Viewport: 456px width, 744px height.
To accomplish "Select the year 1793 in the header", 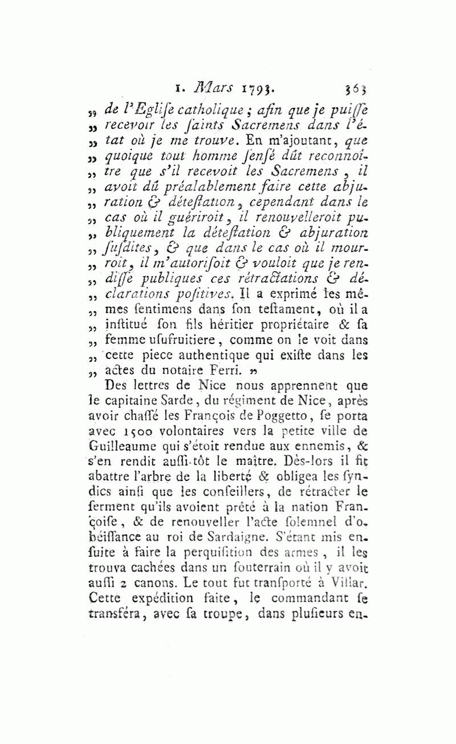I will click(257, 88).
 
